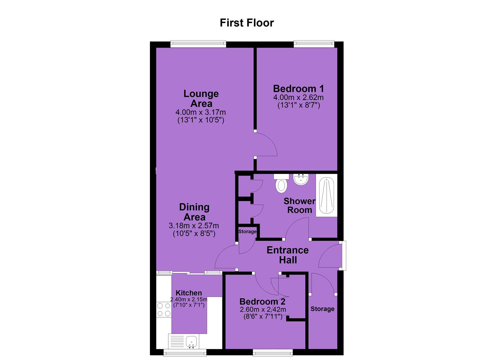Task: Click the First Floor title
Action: [x=247, y=23]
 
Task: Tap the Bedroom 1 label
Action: [x=299, y=89]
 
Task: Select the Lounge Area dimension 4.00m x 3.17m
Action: [x=200, y=112]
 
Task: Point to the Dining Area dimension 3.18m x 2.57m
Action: [x=194, y=226]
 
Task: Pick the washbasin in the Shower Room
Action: [x=301, y=179]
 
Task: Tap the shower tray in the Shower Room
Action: [x=326, y=195]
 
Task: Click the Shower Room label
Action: [x=299, y=206]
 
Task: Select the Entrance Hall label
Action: [x=288, y=255]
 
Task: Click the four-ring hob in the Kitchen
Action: [x=164, y=310]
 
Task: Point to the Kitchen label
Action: [x=189, y=293]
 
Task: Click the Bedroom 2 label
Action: [x=262, y=301]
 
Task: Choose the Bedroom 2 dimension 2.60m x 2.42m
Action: [x=263, y=309]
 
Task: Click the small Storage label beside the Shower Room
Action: [x=247, y=231]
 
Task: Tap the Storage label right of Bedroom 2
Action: [x=322, y=309]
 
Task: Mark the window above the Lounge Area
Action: [x=198, y=44]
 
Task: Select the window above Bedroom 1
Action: [x=314, y=44]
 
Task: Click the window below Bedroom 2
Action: [x=273, y=352]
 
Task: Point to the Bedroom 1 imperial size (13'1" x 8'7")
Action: [x=299, y=105]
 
